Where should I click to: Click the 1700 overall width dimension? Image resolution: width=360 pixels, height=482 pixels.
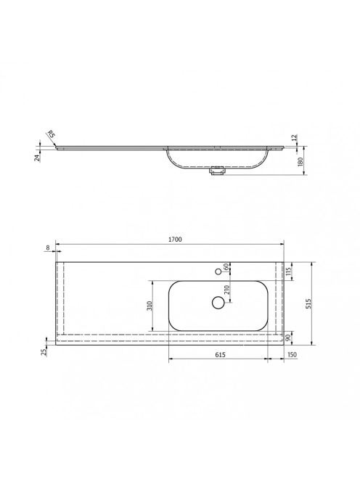click(x=175, y=239)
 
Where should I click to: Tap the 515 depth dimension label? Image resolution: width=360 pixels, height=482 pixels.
click(x=308, y=303)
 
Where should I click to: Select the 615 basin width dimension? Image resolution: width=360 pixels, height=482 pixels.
click(x=220, y=354)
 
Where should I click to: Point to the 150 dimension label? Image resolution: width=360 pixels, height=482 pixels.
click(x=292, y=354)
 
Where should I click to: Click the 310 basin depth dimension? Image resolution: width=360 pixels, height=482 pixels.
click(x=150, y=306)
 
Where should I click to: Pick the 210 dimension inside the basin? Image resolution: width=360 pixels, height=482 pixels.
click(x=227, y=290)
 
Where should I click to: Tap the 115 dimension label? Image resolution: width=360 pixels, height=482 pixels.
click(x=288, y=271)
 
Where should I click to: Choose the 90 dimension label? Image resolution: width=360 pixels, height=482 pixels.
click(x=288, y=338)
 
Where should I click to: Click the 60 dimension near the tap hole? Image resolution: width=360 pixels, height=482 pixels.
click(x=226, y=267)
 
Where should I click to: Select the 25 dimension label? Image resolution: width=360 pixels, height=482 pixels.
click(x=44, y=351)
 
